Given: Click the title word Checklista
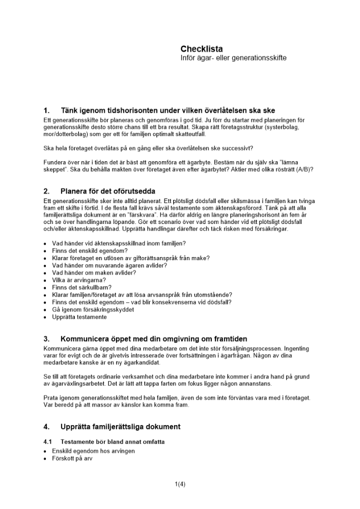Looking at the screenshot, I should [202, 49].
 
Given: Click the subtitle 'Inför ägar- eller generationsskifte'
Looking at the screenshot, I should [233, 58].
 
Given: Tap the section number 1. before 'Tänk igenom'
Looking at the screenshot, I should [47, 110].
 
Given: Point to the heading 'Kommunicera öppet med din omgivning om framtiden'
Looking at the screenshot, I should [154, 339].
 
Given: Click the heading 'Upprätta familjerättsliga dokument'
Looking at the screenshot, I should [120, 427].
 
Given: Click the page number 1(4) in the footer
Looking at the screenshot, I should [180, 484].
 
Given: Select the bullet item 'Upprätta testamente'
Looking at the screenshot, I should [79, 317].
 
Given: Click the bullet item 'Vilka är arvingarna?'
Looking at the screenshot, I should [79, 280].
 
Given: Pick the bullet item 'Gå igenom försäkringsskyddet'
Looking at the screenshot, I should [93, 309].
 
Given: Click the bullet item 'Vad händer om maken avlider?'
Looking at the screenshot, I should [94, 273].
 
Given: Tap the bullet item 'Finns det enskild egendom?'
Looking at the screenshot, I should [90, 251].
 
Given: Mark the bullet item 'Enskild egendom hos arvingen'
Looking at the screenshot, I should [93, 451].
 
